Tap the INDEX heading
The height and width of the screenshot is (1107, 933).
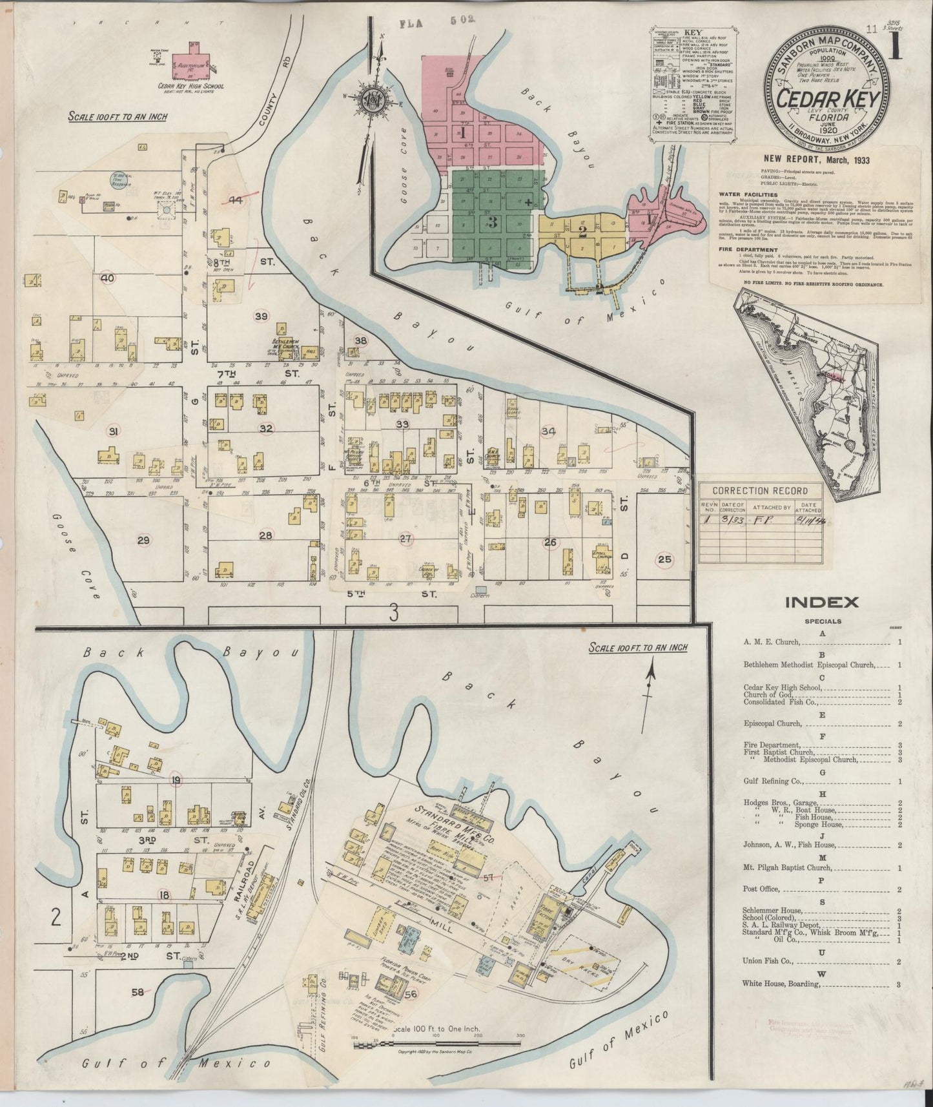click(x=821, y=603)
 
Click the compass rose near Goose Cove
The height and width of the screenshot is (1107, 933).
click(x=372, y=102)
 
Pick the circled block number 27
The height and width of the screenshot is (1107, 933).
click(x=405, y=539)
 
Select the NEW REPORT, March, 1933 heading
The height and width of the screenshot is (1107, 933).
click(x=817, y=160)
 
